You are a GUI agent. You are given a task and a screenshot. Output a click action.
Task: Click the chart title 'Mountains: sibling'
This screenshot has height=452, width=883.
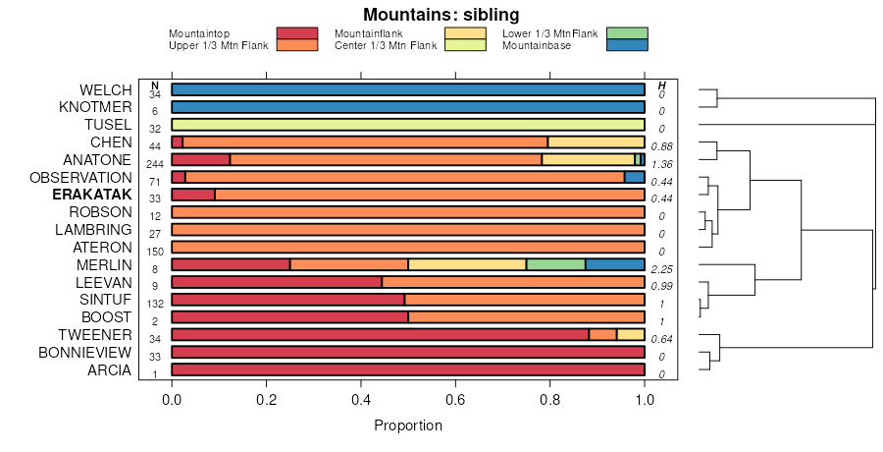(441, 15)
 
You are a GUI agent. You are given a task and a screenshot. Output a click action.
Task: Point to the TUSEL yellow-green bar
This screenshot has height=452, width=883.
(407, 125)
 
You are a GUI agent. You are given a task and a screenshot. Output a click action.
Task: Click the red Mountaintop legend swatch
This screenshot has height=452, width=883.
(297, 33)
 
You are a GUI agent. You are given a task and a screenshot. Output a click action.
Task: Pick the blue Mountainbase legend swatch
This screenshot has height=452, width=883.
(627, 45)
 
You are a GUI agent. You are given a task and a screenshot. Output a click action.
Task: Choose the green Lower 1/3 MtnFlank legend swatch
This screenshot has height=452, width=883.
(627, 33)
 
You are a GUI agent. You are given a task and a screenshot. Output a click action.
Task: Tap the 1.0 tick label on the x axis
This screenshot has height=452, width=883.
(644, 400)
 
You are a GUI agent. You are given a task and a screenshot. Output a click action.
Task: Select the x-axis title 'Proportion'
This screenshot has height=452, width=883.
(408, 425)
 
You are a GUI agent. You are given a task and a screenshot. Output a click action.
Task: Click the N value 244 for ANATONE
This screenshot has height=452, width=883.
(155, 164)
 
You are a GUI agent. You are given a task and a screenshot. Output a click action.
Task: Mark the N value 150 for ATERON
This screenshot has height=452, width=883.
(155, 252)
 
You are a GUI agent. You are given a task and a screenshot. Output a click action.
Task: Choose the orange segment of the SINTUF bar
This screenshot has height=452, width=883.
(524, 300)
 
